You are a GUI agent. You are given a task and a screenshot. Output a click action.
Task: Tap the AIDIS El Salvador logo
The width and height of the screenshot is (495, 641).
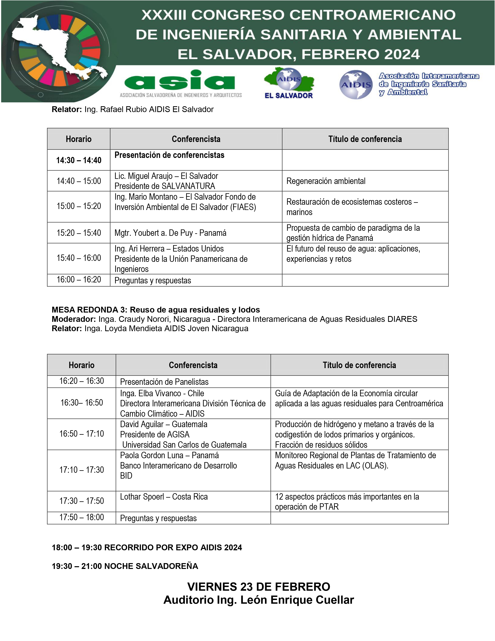289,83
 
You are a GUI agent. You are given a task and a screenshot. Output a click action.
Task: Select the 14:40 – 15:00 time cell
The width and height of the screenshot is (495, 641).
79,181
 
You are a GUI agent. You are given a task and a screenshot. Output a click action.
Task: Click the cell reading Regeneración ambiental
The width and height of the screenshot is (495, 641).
326,181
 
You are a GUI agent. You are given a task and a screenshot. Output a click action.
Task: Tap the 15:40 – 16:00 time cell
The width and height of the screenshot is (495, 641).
79,258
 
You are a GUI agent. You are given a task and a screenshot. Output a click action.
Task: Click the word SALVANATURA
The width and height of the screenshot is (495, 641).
188,186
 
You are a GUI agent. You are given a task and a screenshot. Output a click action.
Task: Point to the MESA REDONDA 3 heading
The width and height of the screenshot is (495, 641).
156,310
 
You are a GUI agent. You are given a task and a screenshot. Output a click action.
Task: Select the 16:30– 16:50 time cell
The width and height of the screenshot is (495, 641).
82,403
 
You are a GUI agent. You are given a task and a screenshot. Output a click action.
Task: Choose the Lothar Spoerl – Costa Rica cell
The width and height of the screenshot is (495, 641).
164,497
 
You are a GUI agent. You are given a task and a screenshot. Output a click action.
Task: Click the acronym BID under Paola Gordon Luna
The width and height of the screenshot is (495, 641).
126,476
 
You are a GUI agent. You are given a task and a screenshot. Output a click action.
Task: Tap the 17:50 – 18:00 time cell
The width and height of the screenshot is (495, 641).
82,517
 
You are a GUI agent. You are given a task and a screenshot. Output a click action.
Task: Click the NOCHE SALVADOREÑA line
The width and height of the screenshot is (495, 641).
125,566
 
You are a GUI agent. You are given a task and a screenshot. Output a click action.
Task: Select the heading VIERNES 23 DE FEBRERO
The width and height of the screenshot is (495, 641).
259,587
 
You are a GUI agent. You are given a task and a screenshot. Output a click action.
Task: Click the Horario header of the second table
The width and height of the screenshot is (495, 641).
82,365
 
